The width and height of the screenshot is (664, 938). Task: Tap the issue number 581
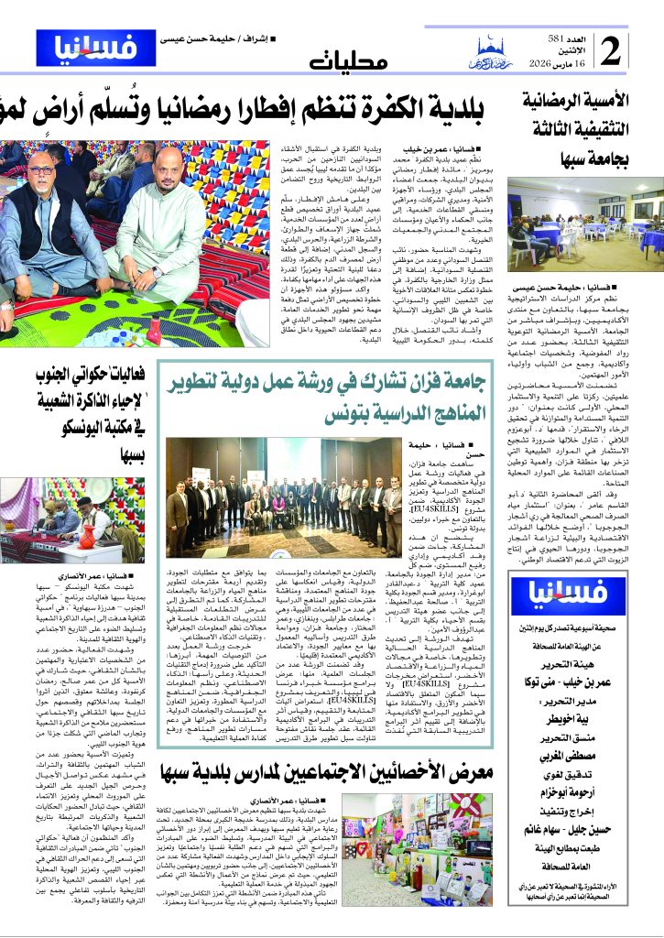[x=583, y=36]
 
